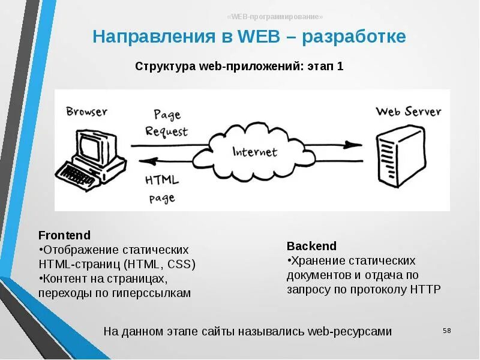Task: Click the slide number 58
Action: (x=446, y=331)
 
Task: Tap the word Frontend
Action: (x=64, y=235)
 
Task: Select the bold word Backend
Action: (x=311, y=246)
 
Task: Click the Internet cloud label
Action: (x=255, y=151)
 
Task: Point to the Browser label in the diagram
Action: (x=87, y=112)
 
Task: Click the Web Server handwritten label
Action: (x=408, y=112)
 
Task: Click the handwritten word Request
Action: (x=166, y=131)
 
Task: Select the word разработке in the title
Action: (x=354, y=37)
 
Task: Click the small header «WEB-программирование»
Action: (x=275, y=16)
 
